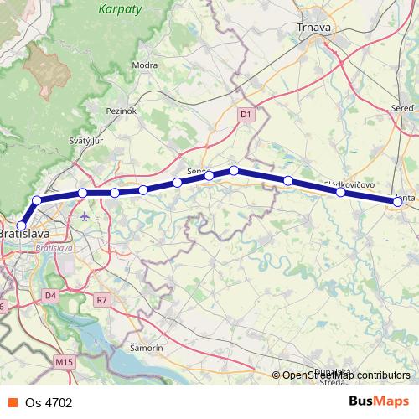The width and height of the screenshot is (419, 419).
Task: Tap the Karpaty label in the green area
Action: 121,10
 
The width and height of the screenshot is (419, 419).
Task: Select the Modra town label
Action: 145,65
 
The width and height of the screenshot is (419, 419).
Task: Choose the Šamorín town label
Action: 146,347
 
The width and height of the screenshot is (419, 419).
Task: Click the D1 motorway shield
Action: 245,113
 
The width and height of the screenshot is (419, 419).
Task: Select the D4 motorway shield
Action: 50,296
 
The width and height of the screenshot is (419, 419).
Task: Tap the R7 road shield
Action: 102,299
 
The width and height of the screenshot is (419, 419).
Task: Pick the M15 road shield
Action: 64,361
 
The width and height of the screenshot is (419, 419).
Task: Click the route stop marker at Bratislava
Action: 21,225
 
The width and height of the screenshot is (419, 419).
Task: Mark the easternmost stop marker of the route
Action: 397,201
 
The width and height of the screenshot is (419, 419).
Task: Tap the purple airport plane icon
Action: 85,216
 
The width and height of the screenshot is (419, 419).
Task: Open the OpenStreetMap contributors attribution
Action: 345,375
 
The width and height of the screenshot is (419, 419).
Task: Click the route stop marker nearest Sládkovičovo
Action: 341,193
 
